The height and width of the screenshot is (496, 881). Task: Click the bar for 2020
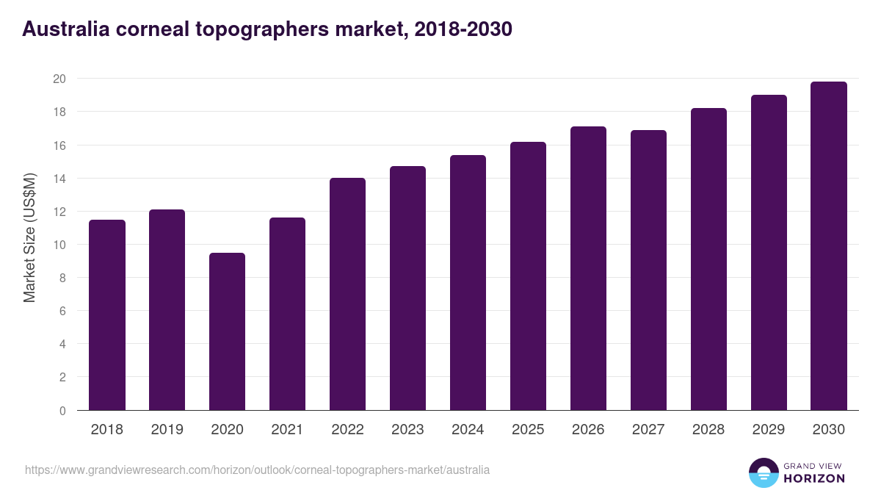[227, 331]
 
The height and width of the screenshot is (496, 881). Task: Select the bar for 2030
[829, 246]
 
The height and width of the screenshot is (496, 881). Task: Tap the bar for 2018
[107, 315]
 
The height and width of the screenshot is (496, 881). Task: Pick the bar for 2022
[347, 294]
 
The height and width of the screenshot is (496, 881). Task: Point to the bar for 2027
[648, 270]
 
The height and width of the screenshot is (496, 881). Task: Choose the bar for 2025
[528, 276]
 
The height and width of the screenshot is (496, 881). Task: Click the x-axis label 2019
[167, 430]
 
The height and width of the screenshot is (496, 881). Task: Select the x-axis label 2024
[468, 430]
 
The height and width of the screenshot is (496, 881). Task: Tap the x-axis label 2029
[769, 430]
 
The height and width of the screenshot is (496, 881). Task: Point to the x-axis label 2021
[287, 430]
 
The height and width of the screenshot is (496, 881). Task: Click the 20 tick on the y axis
[59, 79]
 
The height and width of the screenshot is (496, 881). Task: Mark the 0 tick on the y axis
[62, 411]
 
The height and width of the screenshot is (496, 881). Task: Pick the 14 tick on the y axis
[59, 179]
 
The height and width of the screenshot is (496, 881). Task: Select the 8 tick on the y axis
[62, 278]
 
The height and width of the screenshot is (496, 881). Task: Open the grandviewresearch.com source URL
[257, 470]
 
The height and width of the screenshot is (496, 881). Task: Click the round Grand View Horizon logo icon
[763, 472]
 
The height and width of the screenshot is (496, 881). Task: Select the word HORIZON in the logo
[813, 478]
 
